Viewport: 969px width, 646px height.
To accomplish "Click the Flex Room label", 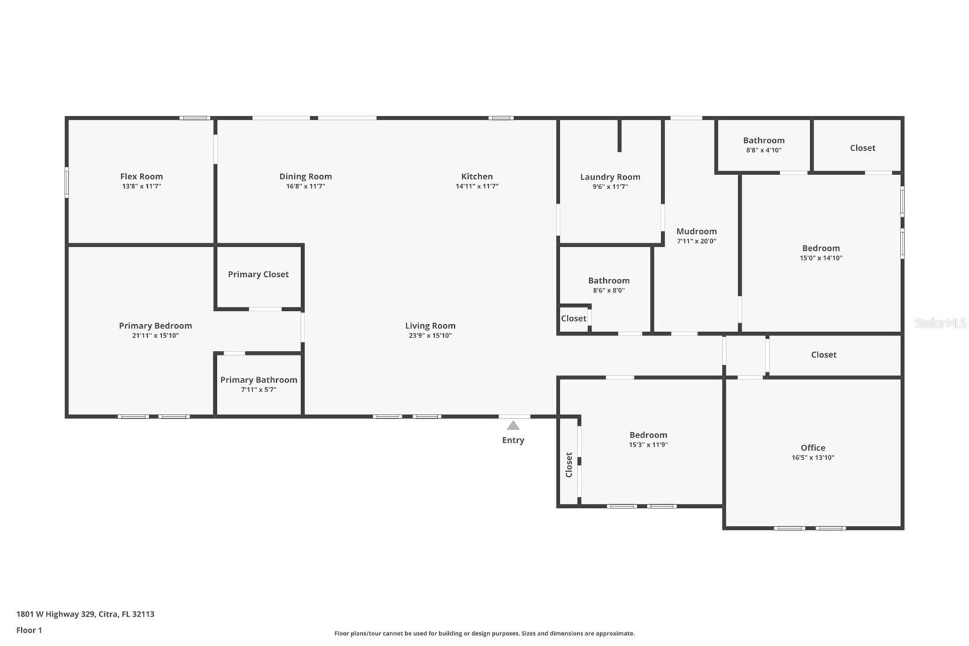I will click(141, 177).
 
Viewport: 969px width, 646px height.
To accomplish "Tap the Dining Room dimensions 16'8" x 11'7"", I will click(305, 187).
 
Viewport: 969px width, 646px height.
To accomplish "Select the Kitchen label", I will click(477, 177).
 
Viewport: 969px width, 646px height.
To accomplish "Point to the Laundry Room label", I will click(610, 177).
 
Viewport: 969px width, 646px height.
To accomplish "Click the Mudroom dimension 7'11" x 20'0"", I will click(696, 241).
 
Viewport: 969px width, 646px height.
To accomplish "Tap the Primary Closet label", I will click(258, 275).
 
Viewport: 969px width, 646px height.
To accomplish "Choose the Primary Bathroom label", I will click(259, 380).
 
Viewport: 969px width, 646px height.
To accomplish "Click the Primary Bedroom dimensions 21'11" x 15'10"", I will click(155, 336).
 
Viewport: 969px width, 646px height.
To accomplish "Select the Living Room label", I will click(430, 326).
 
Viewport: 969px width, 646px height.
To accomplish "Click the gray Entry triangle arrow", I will click(513, 425).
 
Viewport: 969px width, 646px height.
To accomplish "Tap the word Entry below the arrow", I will click(513, 441).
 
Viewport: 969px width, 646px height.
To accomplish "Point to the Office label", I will click(813, 448).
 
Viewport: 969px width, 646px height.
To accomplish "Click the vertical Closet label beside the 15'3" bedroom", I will click(569, 465).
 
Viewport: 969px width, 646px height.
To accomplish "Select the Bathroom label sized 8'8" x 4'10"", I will click(764, 141).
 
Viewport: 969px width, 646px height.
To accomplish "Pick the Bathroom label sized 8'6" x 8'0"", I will click(609, 281).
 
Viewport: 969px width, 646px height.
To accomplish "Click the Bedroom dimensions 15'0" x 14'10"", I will click(821, 258).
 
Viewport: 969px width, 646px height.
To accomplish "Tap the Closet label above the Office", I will click(824, 355).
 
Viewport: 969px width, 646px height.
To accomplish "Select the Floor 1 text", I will click(29, 630).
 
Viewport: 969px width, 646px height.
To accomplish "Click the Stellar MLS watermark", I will click(940, 323).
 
